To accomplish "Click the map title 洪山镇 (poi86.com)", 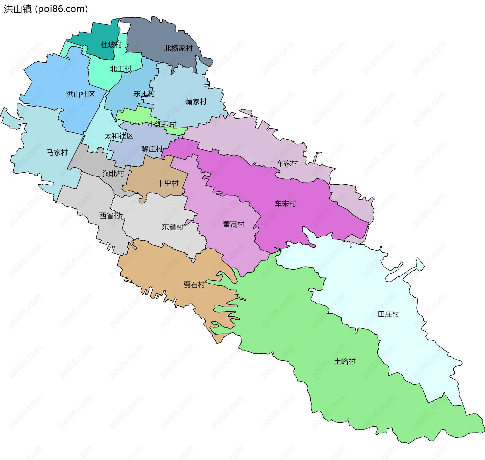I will [x=46, y=9].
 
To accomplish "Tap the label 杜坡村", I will [x=111, y=45].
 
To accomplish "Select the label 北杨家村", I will [x=178, y=48].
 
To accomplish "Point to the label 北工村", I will [x=120, y=69].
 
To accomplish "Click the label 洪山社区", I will [x=80, y=94].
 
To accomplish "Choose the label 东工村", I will [x=144, y=94].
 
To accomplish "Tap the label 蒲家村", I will [x=196, y=102].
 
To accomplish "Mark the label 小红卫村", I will [x=162, y=124].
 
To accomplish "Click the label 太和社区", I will [x=119, y=136].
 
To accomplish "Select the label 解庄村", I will [x=152, y=149].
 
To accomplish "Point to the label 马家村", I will [x=57, y=152].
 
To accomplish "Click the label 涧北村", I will [x=113, y=174].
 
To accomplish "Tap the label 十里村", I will [x=168, y=184].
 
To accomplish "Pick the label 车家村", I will [x=287, y=163].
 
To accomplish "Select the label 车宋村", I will [x=285, y=204].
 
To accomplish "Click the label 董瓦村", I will [x=233, y=225].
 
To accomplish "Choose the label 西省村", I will [x=110, y=216].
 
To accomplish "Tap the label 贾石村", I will [x=194, y=285].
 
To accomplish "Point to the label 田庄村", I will [x=388, y=314].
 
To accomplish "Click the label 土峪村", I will [x=345, y=362].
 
